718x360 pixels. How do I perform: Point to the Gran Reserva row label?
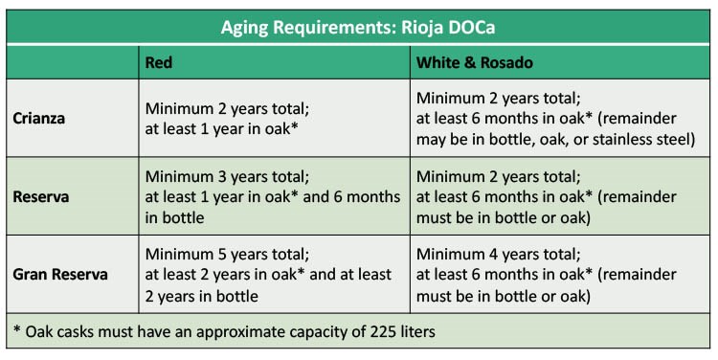point(60,275)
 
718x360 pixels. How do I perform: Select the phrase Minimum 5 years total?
point(225,256)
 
